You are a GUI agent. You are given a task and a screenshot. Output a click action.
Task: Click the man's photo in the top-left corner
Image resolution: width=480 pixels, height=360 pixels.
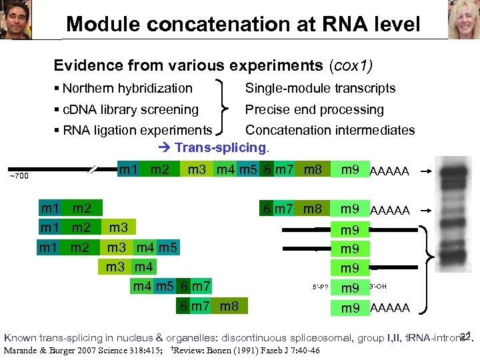(x=16, y=20)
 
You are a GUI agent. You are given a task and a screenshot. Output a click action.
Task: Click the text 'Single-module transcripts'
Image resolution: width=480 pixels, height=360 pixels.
(x=320, y=88)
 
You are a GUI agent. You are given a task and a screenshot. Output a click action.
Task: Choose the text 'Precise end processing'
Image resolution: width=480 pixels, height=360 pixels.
(x=314, y=109)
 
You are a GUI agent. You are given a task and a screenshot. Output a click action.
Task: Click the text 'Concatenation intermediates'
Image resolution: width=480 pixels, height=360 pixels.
(x=330, y=130)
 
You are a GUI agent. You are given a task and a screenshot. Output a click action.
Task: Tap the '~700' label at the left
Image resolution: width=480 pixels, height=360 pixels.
(x=18, y=176)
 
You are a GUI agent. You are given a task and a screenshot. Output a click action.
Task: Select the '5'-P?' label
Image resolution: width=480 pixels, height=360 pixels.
(x=321, y=288)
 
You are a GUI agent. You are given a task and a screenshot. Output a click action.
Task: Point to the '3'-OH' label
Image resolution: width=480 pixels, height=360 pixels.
(x=377, y=287)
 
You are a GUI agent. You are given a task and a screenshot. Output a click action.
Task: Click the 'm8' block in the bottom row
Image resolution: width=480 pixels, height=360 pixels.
(x=229, y=307)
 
